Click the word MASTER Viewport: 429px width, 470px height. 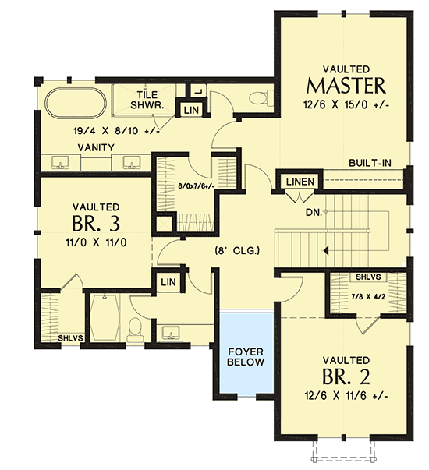tap(347, 83)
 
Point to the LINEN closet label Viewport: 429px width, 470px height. tap(300, 182)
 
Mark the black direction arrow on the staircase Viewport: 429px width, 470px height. tap(326, 251)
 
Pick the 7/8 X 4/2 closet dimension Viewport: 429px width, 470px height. tap(367, 297)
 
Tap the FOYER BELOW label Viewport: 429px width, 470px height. tap(246, 356)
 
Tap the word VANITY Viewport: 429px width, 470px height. tap(96, 147)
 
